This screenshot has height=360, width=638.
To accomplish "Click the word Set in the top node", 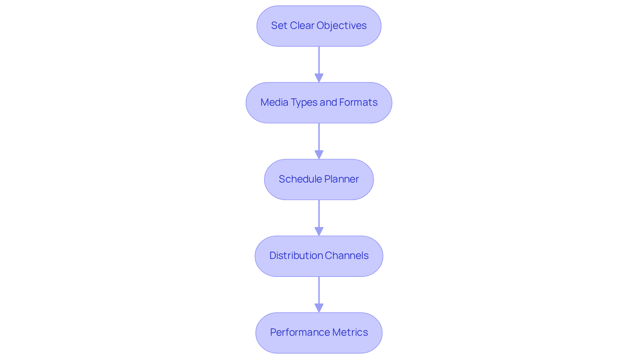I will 278,26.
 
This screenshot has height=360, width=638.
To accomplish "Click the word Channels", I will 347,256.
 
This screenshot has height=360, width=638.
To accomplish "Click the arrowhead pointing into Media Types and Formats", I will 319,78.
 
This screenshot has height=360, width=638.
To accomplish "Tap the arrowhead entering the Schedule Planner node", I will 319,155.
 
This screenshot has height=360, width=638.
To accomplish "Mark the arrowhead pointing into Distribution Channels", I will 319,231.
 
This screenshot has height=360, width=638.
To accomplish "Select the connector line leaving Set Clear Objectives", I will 319,60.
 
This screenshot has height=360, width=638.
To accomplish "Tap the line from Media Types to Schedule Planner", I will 319,137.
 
